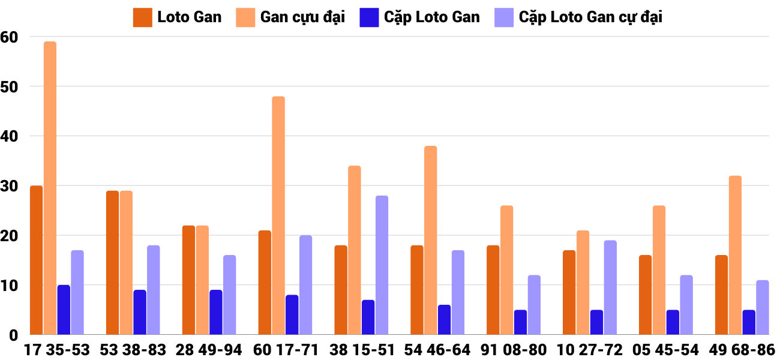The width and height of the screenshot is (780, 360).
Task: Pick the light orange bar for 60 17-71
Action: pyautogui.click(x=278, y=215)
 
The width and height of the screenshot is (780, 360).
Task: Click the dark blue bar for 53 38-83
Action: pyautogui.click(x=140, y=312)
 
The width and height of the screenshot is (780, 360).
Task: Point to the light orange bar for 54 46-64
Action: pyautogui.click(x=431, y=240)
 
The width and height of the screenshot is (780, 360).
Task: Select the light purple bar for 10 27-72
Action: pyautogui.click(x=610, y=287)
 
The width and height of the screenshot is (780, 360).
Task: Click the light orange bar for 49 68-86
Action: pyautogui.click(x=735, y=255)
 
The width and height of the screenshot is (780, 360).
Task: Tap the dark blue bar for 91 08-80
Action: pyautogui.click(x=520, y=322)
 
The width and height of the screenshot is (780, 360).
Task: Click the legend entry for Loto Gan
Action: pyautogui.click(x=178, y=17)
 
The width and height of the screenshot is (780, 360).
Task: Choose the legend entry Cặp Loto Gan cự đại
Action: pyautogui.click(x=578, y=17)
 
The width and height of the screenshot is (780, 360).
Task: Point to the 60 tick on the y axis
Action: pyautogui.click(x=10, y=37)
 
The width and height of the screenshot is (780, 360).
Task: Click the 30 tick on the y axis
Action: pyautogui.click(x=10, y=186)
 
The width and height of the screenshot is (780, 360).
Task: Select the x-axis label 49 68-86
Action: pyautogui.click(x=742, y=350)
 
